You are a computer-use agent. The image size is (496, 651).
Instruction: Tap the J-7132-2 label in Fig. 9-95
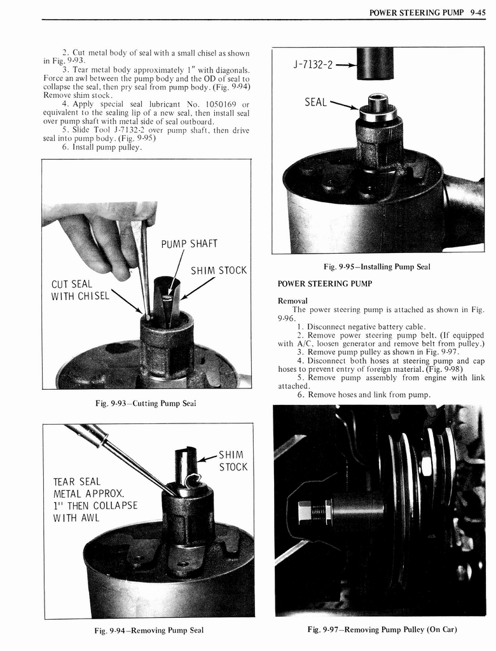[x=312, y=65]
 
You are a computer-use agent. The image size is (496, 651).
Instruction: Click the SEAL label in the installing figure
[x=316, y=101]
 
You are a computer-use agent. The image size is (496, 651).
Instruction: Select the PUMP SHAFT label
[x=189, y=243]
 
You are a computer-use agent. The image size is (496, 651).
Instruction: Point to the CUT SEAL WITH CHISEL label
[x=80, y=290]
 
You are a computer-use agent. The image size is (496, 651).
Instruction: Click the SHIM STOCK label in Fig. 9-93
[x=218, y=270]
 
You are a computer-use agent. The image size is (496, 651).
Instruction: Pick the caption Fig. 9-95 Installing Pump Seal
[x=377, y=266]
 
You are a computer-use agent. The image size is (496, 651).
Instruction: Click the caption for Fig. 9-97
[x=382, y=629]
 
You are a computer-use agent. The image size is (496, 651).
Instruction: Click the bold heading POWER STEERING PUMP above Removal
[x=324, y=283]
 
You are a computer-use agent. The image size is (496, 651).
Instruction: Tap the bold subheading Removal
[x=293, y=300]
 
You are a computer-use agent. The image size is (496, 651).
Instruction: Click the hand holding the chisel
[x=95, y=242]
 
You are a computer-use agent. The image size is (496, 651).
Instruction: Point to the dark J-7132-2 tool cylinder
[x=375, y=64]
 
